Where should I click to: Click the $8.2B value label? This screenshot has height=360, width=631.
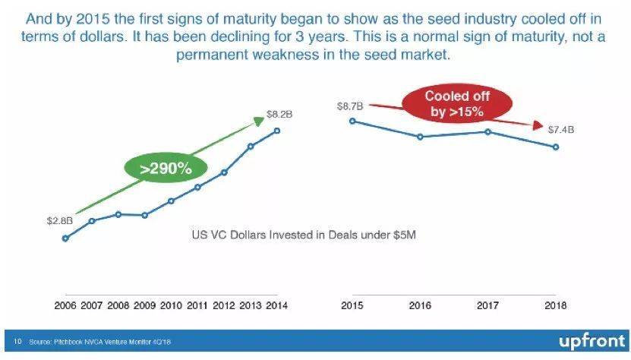pos(279,115)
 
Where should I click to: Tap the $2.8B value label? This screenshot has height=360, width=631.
pos(60,221)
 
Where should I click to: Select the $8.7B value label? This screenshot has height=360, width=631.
pos(349,107)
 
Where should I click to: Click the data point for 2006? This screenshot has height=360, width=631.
pos(65,238)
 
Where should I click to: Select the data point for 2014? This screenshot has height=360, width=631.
pos(277,131)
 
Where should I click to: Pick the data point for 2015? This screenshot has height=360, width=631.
pos(352,121)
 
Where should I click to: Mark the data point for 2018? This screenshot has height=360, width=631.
pos(556,147)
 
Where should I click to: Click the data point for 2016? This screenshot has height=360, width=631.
pos(420,137)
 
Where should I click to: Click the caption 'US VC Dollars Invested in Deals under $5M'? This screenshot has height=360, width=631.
pos(303,235)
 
